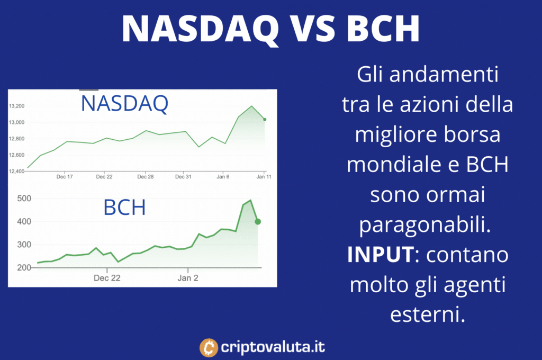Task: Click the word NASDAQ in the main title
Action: coord(200,29)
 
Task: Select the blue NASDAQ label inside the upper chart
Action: coord(124,103)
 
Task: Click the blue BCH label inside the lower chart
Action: coord(124,207)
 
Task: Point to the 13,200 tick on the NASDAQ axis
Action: coord(16,106)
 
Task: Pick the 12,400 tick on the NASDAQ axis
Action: coord(16,171)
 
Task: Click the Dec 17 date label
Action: coord(65,177)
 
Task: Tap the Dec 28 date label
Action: coord(146,177)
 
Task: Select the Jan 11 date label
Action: coord(264,177)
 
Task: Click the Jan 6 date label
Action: coord(223,177)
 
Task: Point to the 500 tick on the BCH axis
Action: coord(24,199)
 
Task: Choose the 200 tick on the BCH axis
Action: coord(24,268)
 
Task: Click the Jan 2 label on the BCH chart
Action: coord(188,278)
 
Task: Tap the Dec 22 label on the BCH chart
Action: coord(107,278)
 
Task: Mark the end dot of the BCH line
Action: coord(258,222)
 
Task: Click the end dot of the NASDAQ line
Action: coord(265,120)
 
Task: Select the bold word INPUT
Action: coord(381,255)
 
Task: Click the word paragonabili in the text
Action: coord(425,225)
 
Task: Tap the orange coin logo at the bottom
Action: coord(209,347)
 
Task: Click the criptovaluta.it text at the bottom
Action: coord(273,347)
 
